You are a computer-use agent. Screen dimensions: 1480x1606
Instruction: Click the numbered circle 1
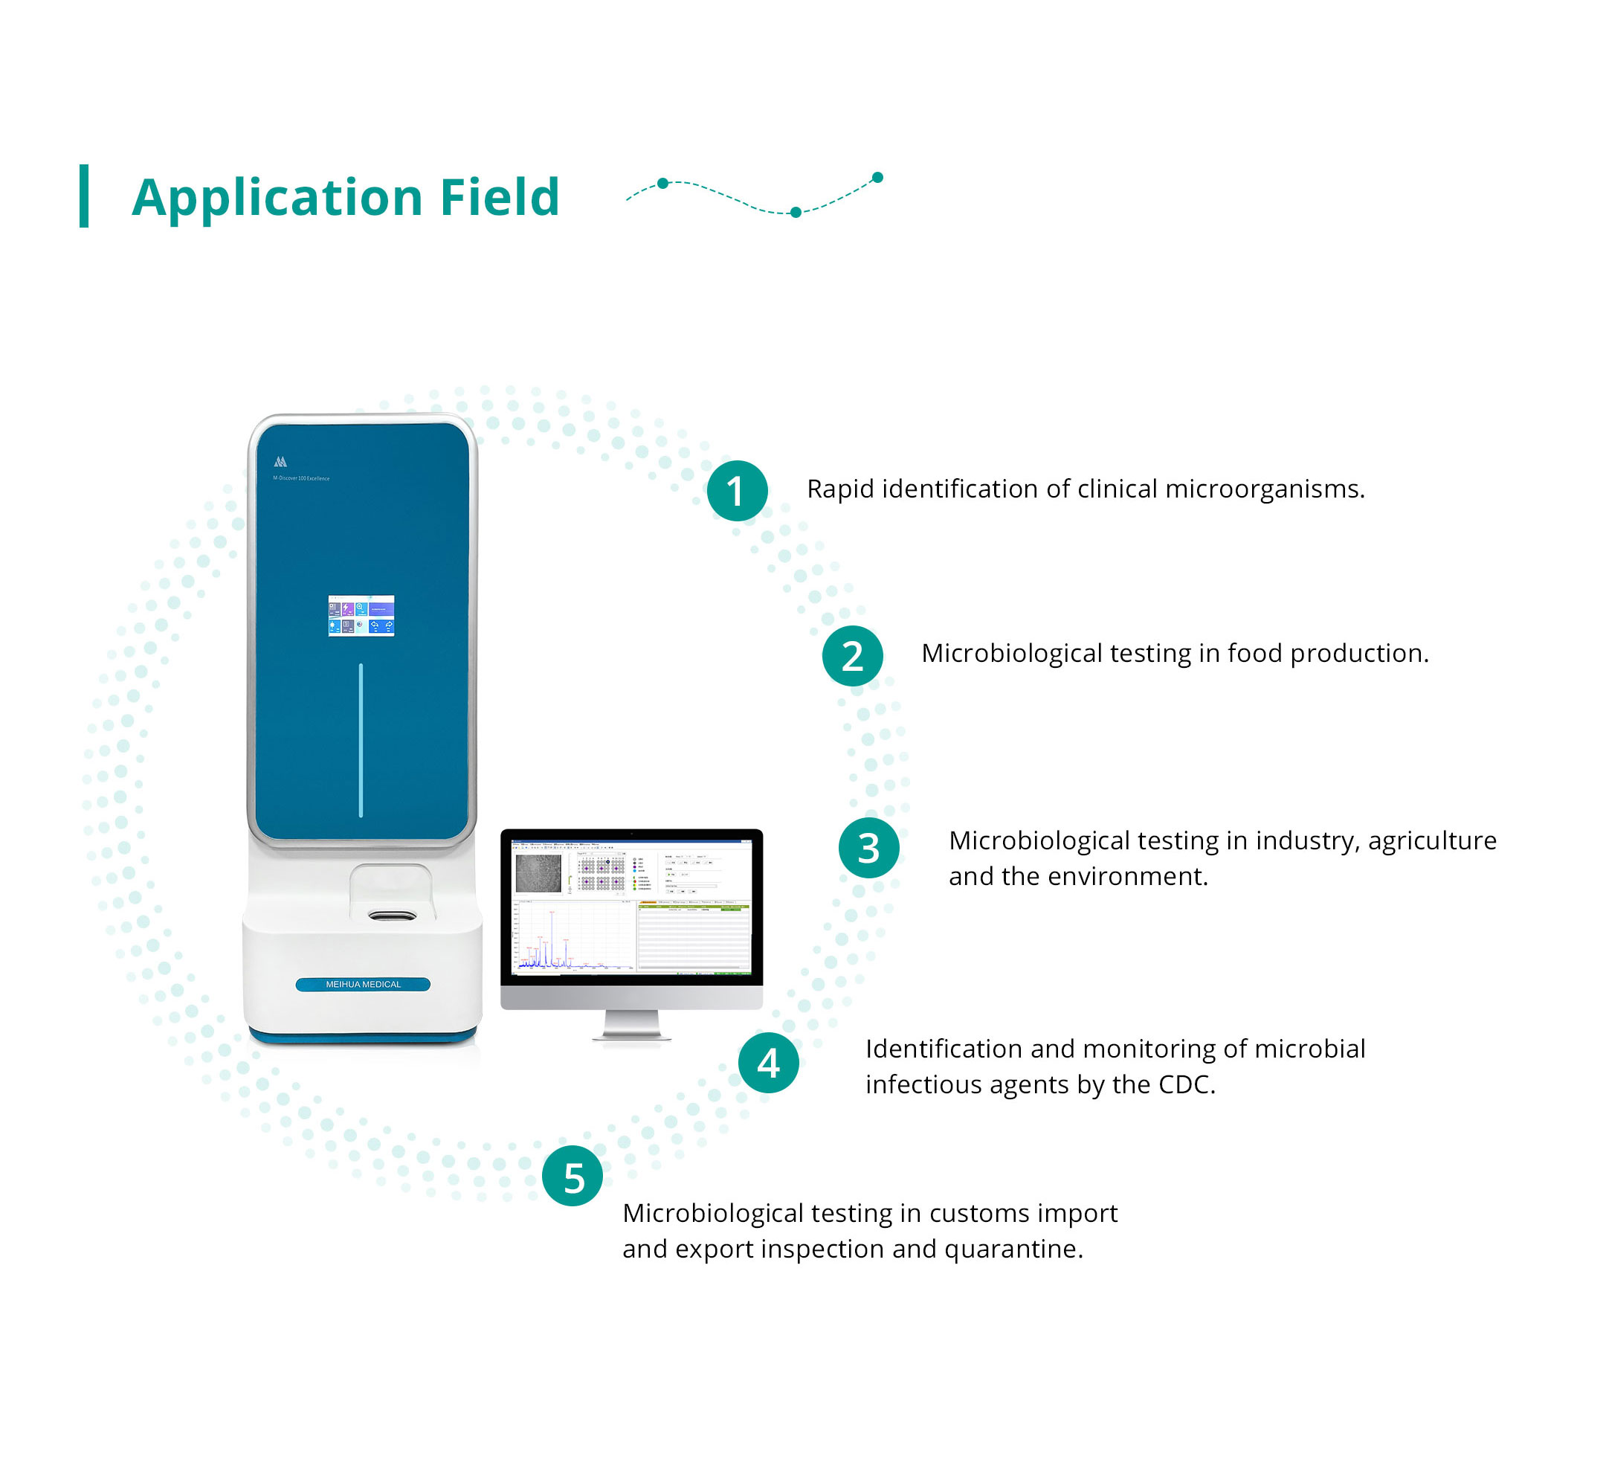pos(737,491)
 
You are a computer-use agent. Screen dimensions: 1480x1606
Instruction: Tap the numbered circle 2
pos(852,656)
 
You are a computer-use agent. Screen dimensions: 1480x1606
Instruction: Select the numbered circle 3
pos(868,847)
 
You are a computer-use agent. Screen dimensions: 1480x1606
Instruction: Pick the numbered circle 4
pos(768,1063)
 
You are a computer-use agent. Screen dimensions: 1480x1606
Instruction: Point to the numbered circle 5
pos(573,1176)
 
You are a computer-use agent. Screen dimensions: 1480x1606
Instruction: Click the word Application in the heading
pos(277,198)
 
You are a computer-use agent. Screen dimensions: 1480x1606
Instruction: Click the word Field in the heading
pos(500,197)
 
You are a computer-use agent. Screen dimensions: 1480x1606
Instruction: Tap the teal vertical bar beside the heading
pos(84,196)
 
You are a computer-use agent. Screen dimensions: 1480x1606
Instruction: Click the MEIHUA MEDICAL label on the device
pos(363,984)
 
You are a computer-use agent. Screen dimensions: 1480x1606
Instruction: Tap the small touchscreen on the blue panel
pos(361,616)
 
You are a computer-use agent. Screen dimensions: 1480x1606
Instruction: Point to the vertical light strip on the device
pos(361,740)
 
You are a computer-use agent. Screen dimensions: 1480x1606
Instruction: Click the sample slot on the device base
pos(393,915)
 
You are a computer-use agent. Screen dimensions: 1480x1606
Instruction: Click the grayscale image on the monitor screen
pos(538,874)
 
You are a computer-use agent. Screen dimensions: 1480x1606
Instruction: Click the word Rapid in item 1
pos(840,489)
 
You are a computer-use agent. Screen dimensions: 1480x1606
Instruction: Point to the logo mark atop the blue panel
pos(280,462)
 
